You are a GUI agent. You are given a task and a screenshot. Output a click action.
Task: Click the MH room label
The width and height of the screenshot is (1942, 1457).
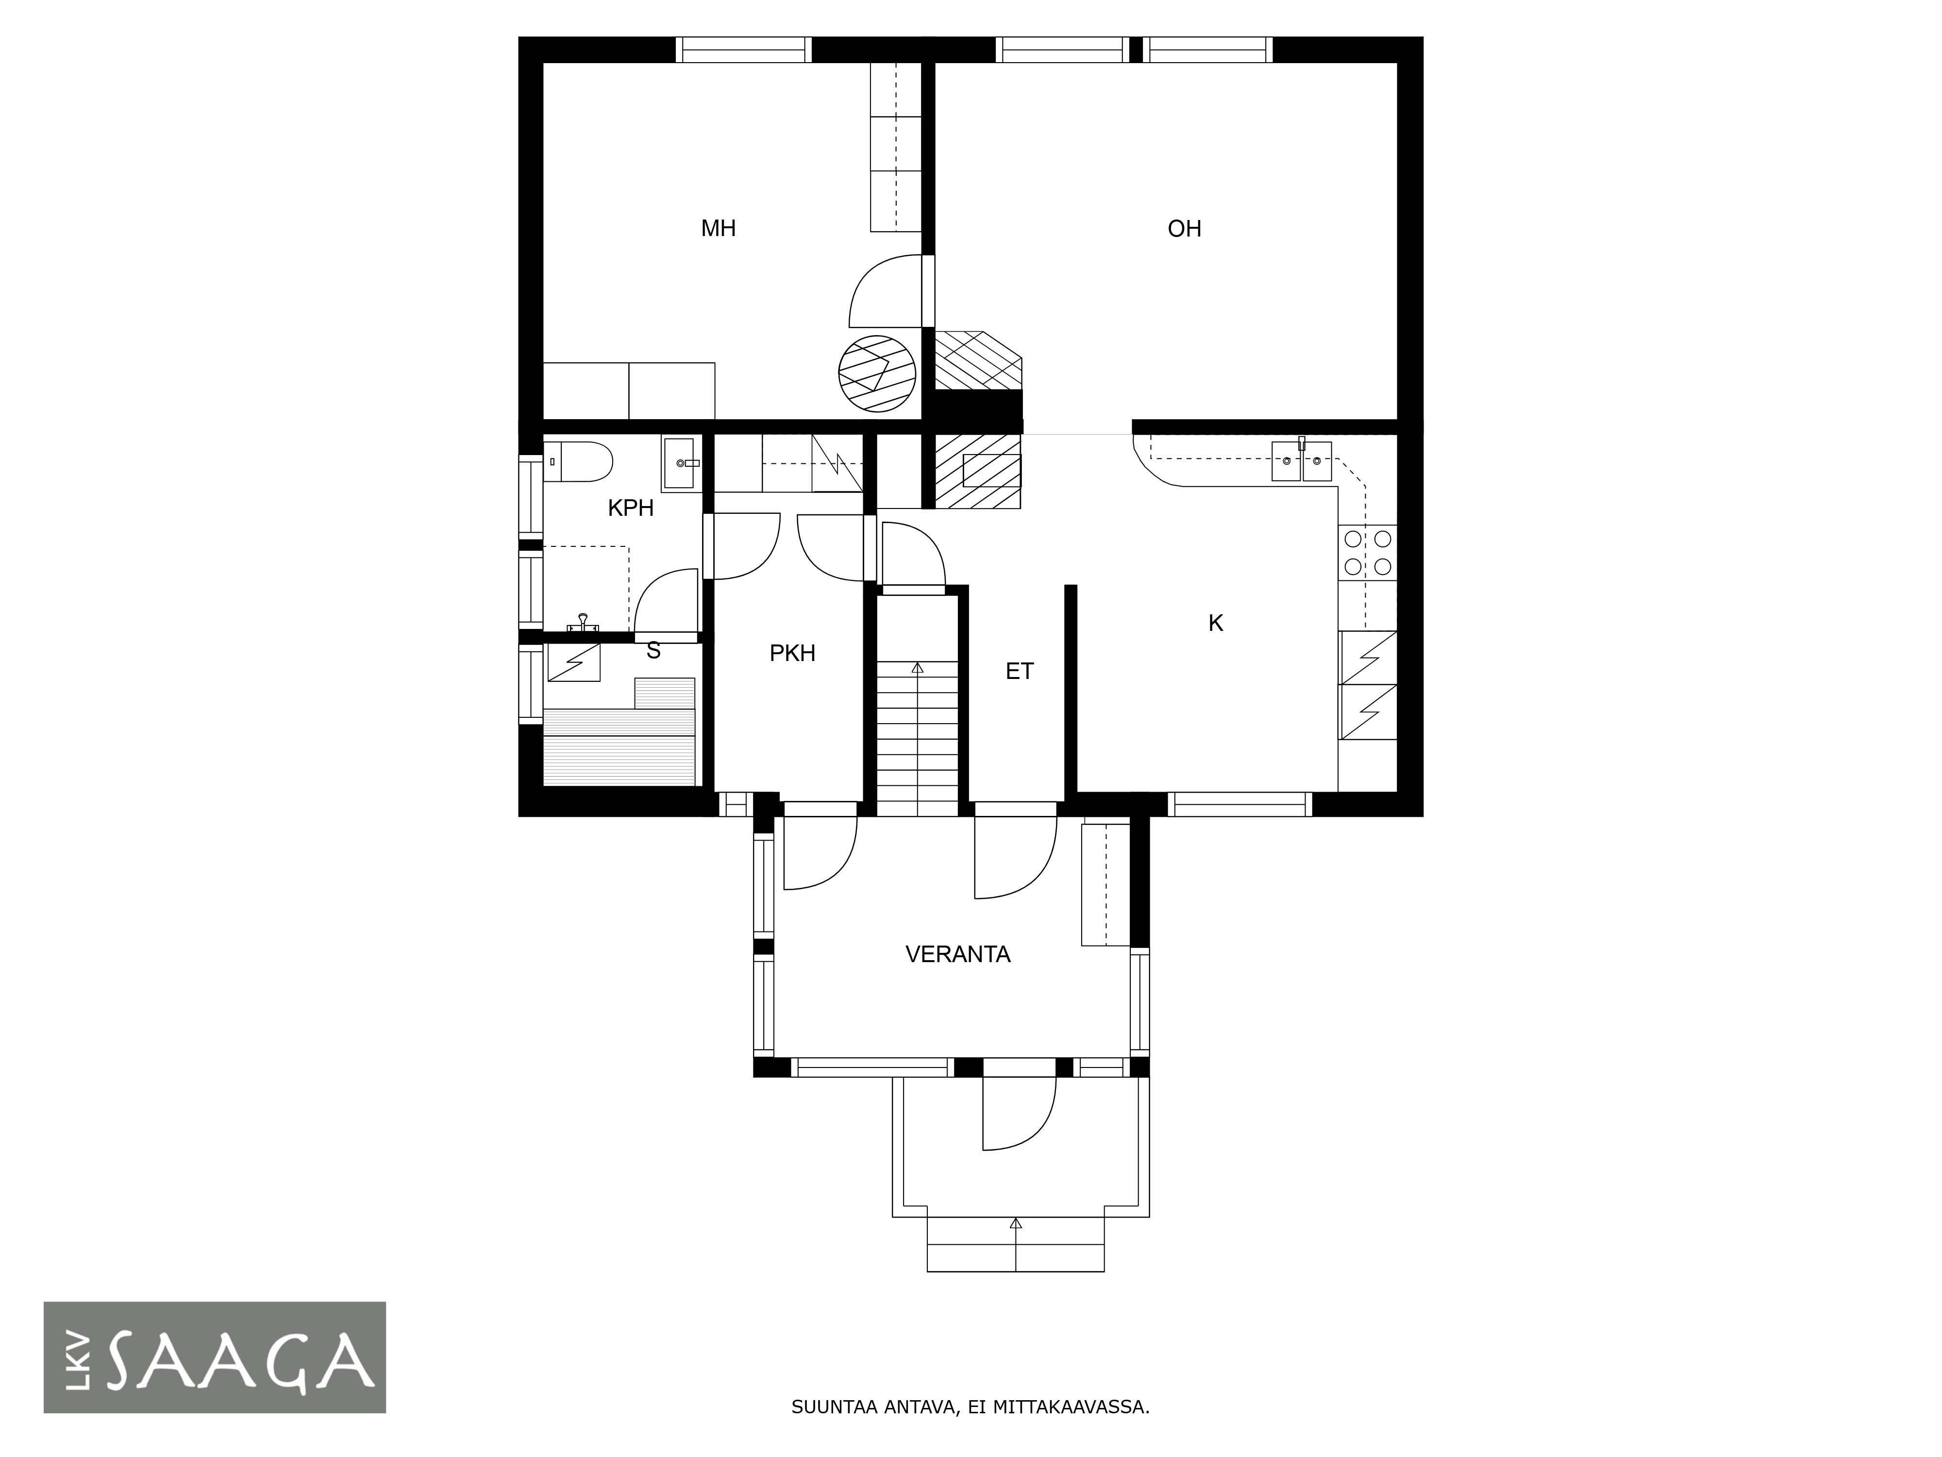pyautogui.click(x=718, y=228)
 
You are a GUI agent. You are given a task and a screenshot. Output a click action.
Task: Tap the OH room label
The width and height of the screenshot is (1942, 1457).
pyautogui.click(x=1184, y=228)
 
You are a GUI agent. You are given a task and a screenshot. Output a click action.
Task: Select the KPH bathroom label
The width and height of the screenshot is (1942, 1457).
pyautogui.click(x=630, y=508)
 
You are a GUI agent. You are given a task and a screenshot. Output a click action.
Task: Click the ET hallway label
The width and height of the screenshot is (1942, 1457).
pyautogui.click(x=1019, y=671)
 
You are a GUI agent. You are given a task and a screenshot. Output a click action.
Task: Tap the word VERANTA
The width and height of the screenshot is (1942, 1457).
pyautogui.click(x=958, y=954)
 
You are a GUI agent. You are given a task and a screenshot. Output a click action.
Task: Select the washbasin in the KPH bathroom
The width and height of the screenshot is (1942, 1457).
pyautogui.click(x=681, y=465)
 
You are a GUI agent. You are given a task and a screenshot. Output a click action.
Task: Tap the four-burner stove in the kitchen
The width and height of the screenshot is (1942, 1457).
pyautogui.click(x=1367, y=552)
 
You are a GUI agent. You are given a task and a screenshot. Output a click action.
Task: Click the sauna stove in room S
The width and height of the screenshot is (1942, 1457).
pyautogui.click(x=574, y=662)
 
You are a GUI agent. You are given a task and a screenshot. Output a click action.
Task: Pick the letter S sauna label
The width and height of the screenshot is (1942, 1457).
pyautogui.click(x=653, y=651)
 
